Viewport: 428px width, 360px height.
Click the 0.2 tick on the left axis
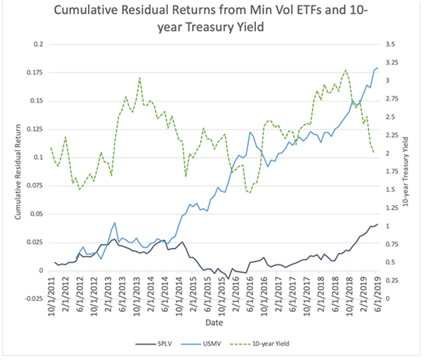pos(37,44)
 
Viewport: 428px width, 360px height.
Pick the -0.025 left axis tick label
pos(31,299)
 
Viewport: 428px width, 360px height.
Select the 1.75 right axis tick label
pos(395,171)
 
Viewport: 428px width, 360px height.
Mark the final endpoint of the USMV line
pos(377,68)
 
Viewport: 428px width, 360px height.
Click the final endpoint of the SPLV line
pos(377,225)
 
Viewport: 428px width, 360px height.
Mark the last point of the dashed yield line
pos(374,152)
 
